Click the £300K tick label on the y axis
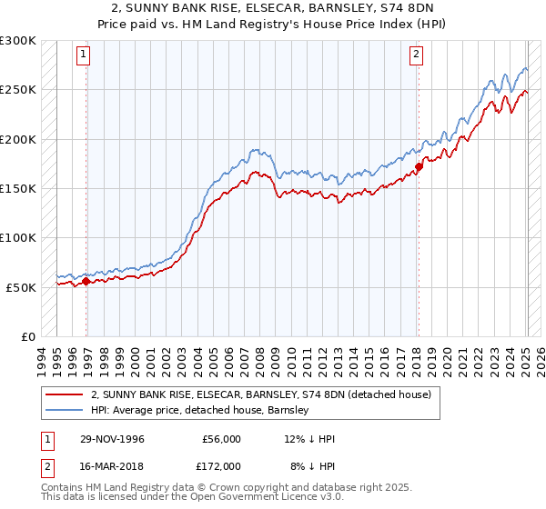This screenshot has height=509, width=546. click(x=18, y=41)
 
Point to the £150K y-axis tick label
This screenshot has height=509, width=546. click(x=18, y=188)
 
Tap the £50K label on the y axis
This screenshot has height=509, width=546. click(x=21, y=286)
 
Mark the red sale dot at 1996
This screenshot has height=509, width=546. click(x=86, y=282)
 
